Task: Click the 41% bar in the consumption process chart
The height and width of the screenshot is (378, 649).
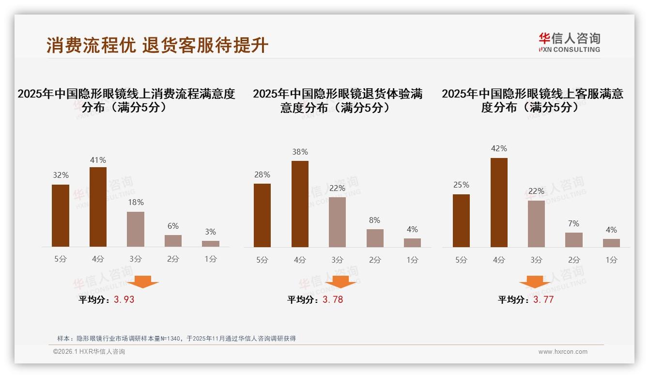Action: tap(98, 207)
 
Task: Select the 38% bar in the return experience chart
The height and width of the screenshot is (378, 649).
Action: tap(300, 204)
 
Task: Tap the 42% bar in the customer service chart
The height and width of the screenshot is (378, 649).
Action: tap(499, 203)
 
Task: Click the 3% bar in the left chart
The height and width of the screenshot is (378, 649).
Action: tap(211, 244)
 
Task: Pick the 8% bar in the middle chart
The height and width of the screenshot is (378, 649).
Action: tap(375, 238)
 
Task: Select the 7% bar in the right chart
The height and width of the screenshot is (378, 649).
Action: tap(574, 240)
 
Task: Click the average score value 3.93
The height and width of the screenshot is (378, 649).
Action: tap(124, 299)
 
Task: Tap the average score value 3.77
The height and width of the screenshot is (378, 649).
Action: tap(543, 299)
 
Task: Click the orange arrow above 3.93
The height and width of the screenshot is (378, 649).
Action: tap(143, 282)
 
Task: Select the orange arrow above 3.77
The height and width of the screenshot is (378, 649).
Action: tap(535, 282)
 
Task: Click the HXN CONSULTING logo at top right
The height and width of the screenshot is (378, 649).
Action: tap(569, 43)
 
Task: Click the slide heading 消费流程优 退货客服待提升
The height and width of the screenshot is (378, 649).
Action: tap(157, 45)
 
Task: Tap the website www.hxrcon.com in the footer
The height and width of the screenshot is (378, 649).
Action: tap(563, 352)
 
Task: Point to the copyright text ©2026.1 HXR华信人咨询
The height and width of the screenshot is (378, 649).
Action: tap(89, 352)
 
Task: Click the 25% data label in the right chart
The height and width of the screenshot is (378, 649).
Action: tap(461, 185)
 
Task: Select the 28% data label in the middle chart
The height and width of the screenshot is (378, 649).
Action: tap(262, 174)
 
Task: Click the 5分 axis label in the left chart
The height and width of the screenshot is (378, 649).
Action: tap(61, 259)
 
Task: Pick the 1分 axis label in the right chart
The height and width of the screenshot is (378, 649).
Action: tap(611, 260)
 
